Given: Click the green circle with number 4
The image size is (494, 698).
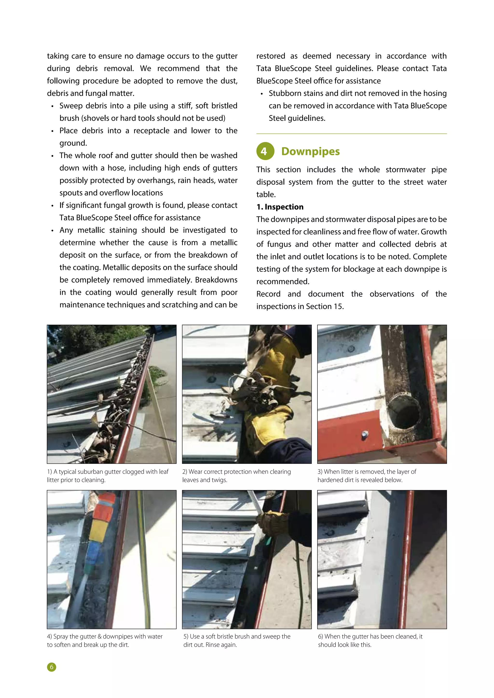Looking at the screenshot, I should [265, 151].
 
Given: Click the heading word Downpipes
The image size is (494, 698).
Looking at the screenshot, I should [310, 151].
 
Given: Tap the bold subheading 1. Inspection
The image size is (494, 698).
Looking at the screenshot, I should [280, 207].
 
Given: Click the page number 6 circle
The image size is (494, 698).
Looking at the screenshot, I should [52, 667].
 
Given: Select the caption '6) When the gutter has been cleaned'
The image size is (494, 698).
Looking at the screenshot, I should [370, 640].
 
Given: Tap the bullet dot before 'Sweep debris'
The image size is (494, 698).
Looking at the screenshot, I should [52, 106].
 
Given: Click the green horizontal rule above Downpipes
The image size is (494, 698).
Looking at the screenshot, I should [351, 134].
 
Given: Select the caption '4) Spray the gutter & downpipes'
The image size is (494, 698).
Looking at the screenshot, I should [105, 640].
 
